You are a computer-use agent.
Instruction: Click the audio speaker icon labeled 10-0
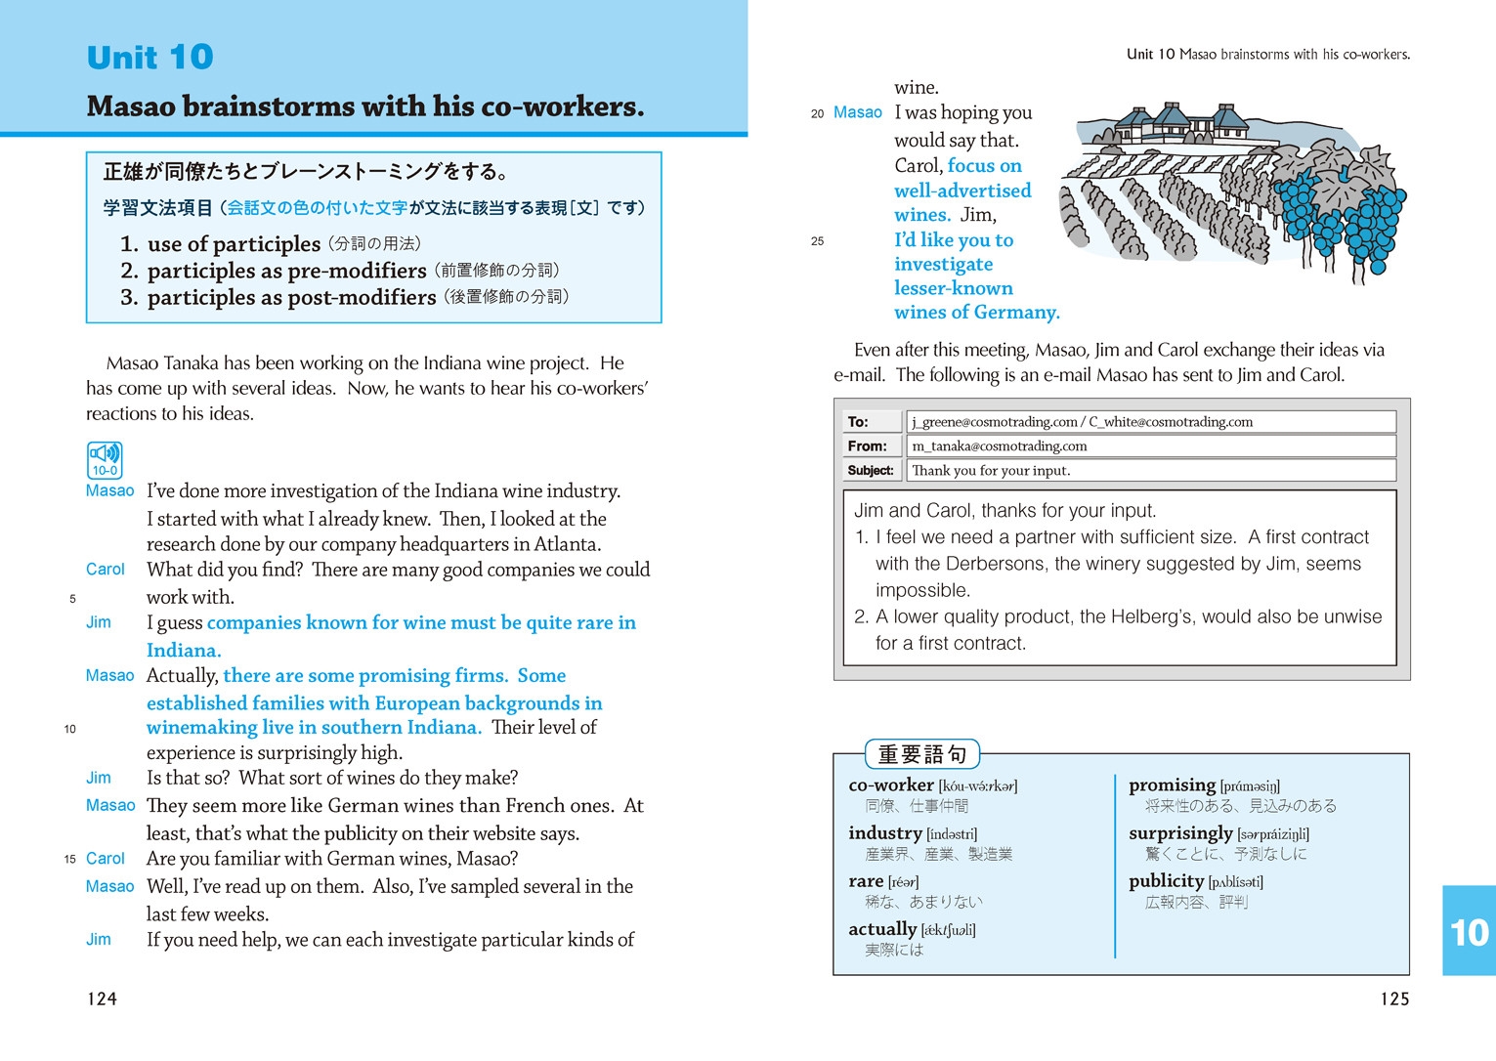tap(105, 459)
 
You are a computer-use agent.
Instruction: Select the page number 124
tap(102, 998)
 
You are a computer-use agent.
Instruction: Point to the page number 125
tap(1394, 998)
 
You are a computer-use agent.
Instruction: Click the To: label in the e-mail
tap(858, 422)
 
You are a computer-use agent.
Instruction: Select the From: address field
tap(1150, 446)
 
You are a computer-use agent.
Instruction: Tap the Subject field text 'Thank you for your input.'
tap(990, 471)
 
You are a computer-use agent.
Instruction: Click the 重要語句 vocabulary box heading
tap(922, 754)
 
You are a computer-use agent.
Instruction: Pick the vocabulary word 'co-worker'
tap(891, 785)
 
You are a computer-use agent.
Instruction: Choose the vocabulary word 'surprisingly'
tap(1180, 833)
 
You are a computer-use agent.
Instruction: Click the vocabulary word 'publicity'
tap(1166, 881)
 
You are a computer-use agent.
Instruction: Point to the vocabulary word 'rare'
tap(866, 881)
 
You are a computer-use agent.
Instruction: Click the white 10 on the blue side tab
tap(1469, 933)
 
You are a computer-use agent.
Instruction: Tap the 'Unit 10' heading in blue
tap(150, 57)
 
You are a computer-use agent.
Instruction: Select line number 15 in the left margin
tap(70, 860)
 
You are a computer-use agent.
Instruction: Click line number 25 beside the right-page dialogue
tap(817, 241)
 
